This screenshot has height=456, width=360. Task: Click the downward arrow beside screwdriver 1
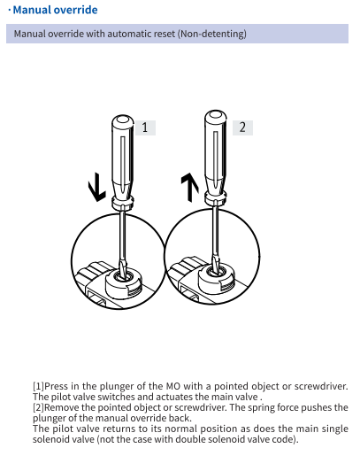point(96,187)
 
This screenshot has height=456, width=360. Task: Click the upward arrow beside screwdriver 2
point(189,188)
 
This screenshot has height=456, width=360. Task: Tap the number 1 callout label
point(145,128)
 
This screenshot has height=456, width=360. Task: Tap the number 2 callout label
point(242,128)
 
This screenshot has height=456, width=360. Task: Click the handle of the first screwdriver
point(123,156)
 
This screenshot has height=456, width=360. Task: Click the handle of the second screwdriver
point(216,151)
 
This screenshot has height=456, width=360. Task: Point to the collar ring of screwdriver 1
point(123,202)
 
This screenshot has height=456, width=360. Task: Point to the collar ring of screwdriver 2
point(216,197)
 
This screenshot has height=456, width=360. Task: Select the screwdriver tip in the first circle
point(123,268)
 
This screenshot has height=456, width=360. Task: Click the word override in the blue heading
point(80,10)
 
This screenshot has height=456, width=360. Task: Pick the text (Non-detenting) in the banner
point(212,34)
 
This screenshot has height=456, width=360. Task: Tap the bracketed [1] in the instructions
point(38,386)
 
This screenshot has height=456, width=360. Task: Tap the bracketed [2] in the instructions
point(38,407)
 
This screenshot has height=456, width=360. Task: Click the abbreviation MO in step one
point(173,386)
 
